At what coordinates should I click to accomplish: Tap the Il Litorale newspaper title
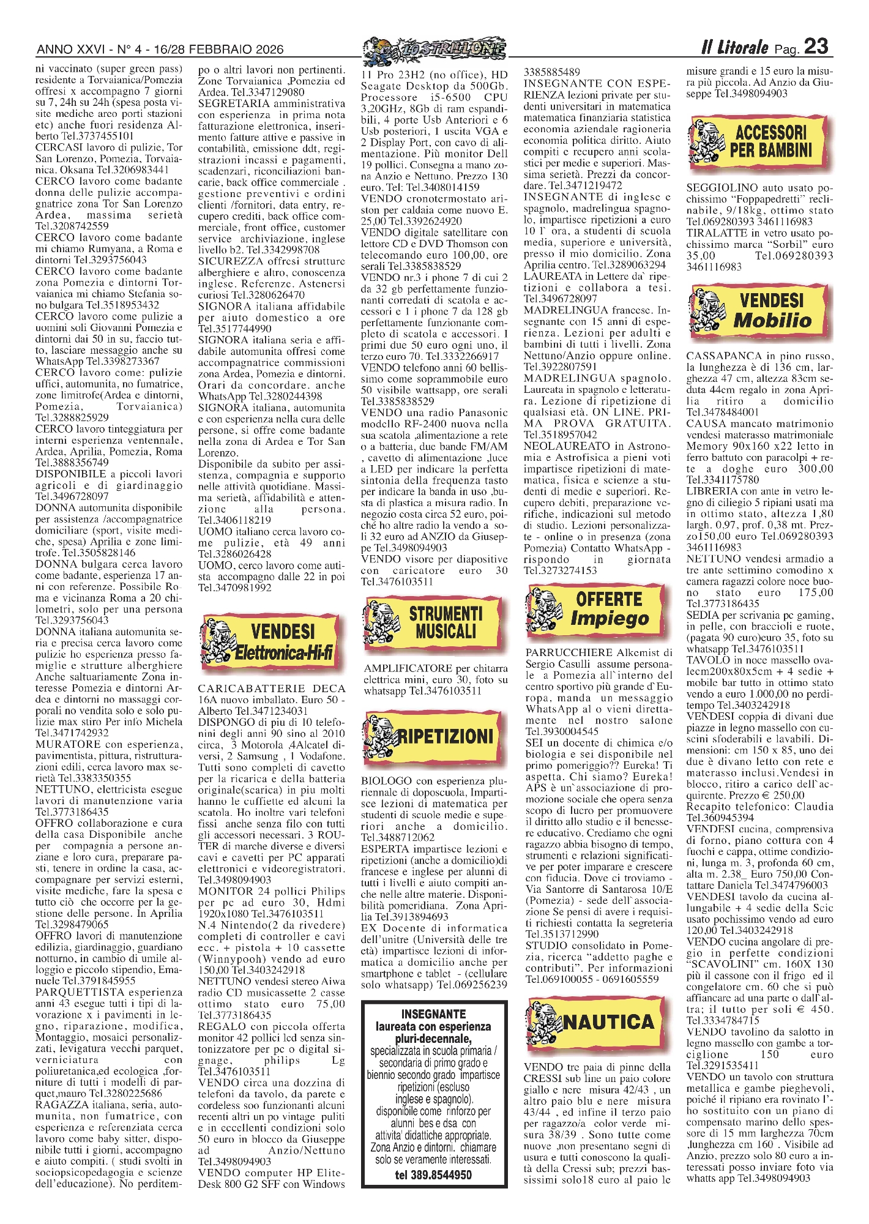734,47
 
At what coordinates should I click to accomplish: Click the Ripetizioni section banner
435,736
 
